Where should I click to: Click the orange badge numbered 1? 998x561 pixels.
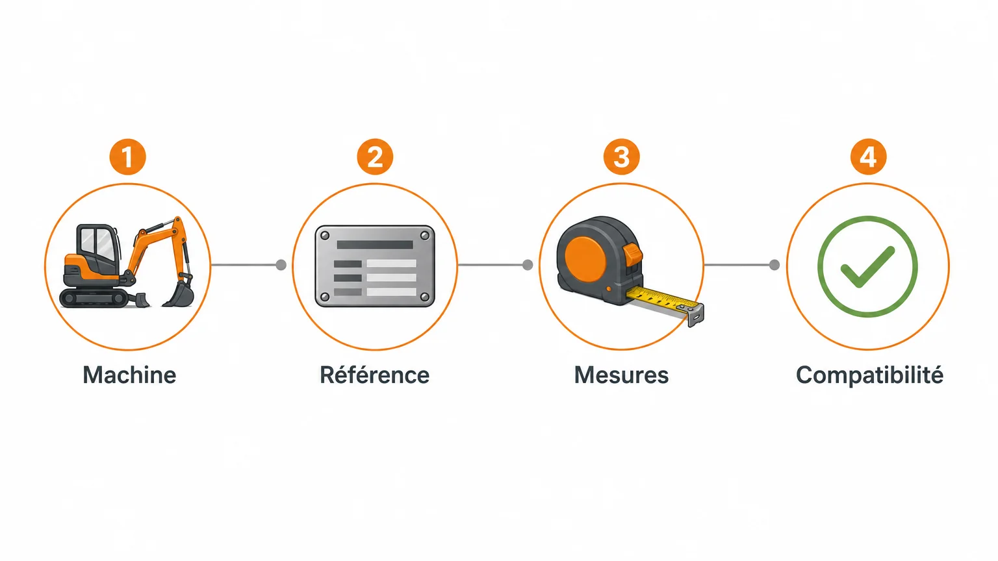point(128,156)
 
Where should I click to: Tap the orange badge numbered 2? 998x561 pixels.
point(375,156)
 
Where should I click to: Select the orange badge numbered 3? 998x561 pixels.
point(622,156)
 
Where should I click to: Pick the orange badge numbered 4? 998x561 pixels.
point(868,156)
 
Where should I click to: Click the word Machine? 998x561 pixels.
point(129,375)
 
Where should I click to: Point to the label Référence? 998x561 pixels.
point(375,374)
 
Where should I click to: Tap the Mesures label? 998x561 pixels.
point(622,375)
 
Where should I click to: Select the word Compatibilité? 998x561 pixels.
point(869,375)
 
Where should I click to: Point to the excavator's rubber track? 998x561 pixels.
point(94,297)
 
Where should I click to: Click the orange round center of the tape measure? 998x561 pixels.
point(585,259)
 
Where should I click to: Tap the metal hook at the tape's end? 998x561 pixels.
point(695,314)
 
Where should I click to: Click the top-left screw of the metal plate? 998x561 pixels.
point(326,236)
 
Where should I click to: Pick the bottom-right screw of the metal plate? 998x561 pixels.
point(424,297)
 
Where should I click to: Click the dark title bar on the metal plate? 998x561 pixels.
point(375,244)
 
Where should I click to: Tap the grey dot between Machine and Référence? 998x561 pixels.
point(281,265)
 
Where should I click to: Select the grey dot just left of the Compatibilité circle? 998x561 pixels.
point(774,265)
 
